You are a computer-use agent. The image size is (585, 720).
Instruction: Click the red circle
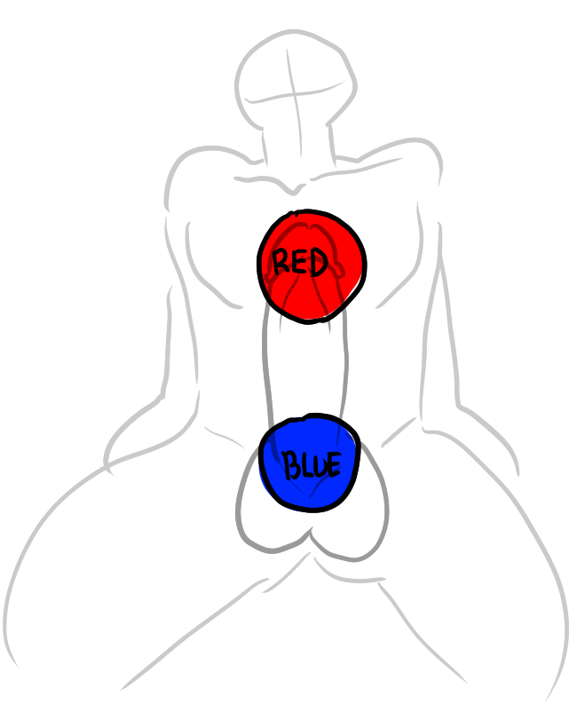click(x=312, y=266)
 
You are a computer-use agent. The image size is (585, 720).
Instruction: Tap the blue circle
click(x=310, y=463)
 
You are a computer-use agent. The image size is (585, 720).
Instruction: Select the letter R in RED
click(x=281, y=262)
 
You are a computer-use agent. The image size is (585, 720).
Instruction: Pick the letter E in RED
click(x=299, y=263)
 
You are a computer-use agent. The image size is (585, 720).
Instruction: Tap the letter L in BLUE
click(x=304, y=465)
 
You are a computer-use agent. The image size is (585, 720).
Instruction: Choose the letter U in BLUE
click(x=320, y=464)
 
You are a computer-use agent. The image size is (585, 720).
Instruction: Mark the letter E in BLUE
click(x=335, y=463)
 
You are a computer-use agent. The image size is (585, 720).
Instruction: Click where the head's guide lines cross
click(x=294, y=95)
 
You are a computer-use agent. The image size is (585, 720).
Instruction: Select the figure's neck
click(x=298, y=142)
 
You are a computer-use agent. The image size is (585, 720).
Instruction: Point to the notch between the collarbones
click(x=294, y=189)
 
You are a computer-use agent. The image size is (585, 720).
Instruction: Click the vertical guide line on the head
click(x=295, y=102)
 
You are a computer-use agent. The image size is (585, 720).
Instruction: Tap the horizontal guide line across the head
click(x=295, y=94)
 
